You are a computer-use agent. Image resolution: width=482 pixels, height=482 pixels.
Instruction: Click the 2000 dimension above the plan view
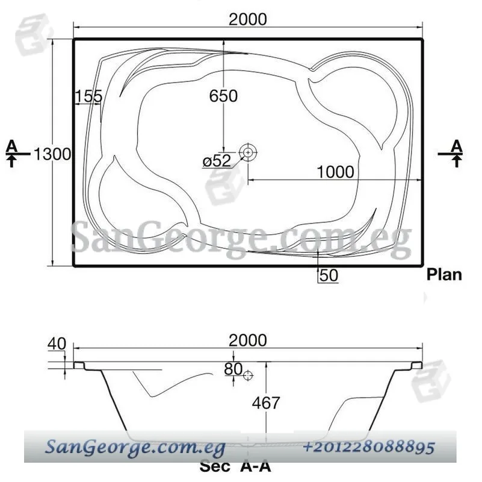click(248, 19)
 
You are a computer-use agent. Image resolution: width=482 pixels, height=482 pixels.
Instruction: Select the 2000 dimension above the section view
click(248, 340)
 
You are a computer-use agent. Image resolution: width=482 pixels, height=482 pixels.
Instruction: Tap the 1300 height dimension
click(52, 154)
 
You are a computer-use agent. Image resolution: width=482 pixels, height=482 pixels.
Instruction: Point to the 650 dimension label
click(223, 96)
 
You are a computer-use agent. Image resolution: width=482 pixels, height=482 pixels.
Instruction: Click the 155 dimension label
click(89, 96)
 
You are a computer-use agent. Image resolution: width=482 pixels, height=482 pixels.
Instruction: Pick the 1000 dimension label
click(335, 172)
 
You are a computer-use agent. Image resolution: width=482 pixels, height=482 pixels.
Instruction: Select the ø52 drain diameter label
click(217, 161)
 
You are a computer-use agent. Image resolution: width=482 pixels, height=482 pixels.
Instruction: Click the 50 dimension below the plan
click(329, 275)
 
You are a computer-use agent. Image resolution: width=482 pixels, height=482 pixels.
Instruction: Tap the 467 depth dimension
click(266, 403)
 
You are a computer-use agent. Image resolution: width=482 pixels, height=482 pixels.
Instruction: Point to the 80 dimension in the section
click(233, 369)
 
